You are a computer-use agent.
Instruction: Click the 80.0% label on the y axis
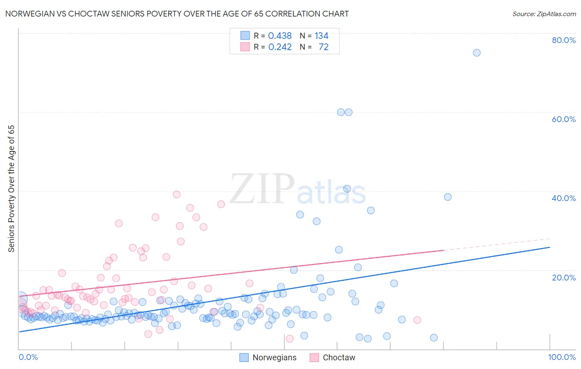pyautogui.click(x=564, y=40)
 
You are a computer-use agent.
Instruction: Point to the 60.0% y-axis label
pyautogui.click(x=564, y=119)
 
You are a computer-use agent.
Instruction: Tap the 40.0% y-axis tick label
pyautogui.click(x=564, y=198)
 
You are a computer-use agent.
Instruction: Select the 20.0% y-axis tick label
pyautogui.click(x=564, y=278)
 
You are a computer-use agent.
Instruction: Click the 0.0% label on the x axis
pyautogui.click(x=28, y=357)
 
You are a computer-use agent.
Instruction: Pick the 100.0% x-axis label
pyautogui.click(x=562, y=357)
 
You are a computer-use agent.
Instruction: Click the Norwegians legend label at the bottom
pyautogui.click(x=274, y=357)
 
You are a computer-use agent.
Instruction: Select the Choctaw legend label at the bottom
pyautogui.click(x=339, y=357)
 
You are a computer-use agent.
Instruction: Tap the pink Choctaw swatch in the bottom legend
pyautogui.click(x=314, y=357)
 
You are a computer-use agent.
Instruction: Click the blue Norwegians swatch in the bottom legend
pyautogui.click(x=244, y=357)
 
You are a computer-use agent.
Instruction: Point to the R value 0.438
pyautogui.click(x=280, y=36)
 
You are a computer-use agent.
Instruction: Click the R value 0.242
pyautogui.click(x=280, y=47)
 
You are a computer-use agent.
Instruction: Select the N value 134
pyautogui.click(x=321, y=36)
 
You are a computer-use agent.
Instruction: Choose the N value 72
pyautogui.click(x=324, y=47)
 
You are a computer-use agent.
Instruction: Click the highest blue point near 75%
pyautogui.click(x=476, y=53)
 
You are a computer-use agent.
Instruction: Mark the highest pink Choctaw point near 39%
pyautogui.click(x=176, y=194)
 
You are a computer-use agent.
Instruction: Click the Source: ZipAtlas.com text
pyautogui.click(x=544, y=14)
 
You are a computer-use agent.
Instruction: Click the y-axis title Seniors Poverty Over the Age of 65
pyautogui.click(x=12, y=189)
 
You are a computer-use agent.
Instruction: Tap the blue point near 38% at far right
pyautogui.click(x=448, y=197)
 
